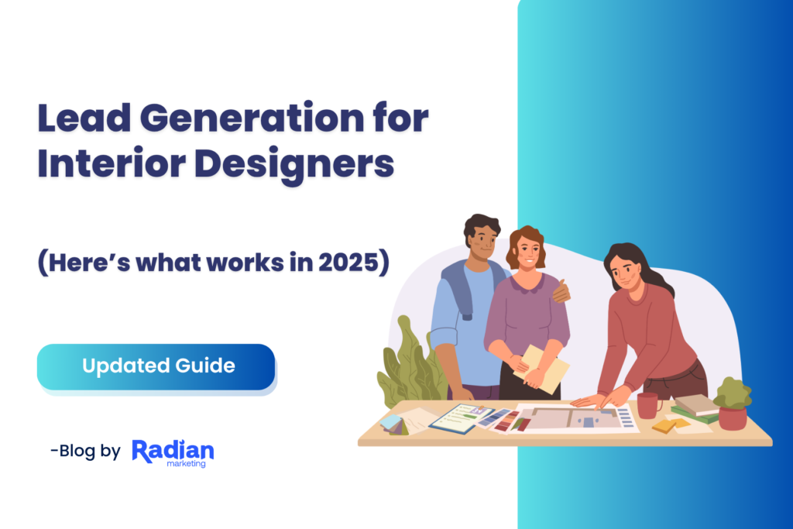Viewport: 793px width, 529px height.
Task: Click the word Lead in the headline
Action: coord(84,117)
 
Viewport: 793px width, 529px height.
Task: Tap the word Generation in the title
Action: coord(252,117)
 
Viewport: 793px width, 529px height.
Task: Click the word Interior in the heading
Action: coord(112,163)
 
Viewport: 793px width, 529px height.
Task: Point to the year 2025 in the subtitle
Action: coord(348,262)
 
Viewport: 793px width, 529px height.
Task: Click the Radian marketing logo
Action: coord(173,453)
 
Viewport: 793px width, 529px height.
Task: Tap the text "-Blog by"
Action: coord(85,451)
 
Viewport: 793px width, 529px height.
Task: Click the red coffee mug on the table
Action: coord(648,405)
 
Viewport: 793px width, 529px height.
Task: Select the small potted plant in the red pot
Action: coord(733,403)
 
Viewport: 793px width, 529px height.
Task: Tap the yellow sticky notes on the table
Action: coord(671,424)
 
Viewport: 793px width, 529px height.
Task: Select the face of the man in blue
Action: coord(482,243)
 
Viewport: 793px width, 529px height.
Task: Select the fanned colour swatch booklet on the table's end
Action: coord(394,424)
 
